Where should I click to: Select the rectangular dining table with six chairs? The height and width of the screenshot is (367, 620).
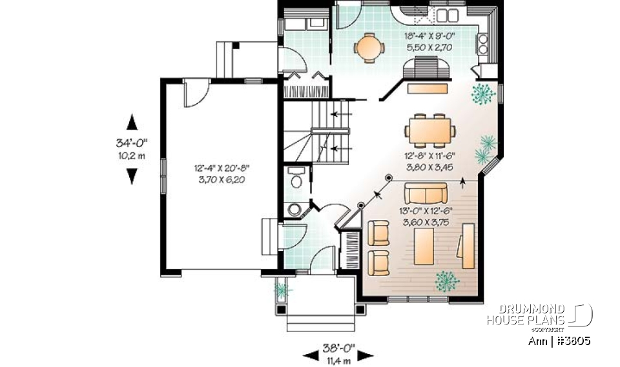point(429,130)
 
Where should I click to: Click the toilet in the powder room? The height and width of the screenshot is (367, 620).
point(296,178)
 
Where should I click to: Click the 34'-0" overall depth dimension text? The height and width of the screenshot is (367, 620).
point(132,144)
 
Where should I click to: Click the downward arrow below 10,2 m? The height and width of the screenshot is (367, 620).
point(132,175)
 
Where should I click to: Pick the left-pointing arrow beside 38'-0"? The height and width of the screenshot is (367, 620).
point(309,355)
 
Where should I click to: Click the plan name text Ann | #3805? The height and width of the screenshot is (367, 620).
point(557,341)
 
